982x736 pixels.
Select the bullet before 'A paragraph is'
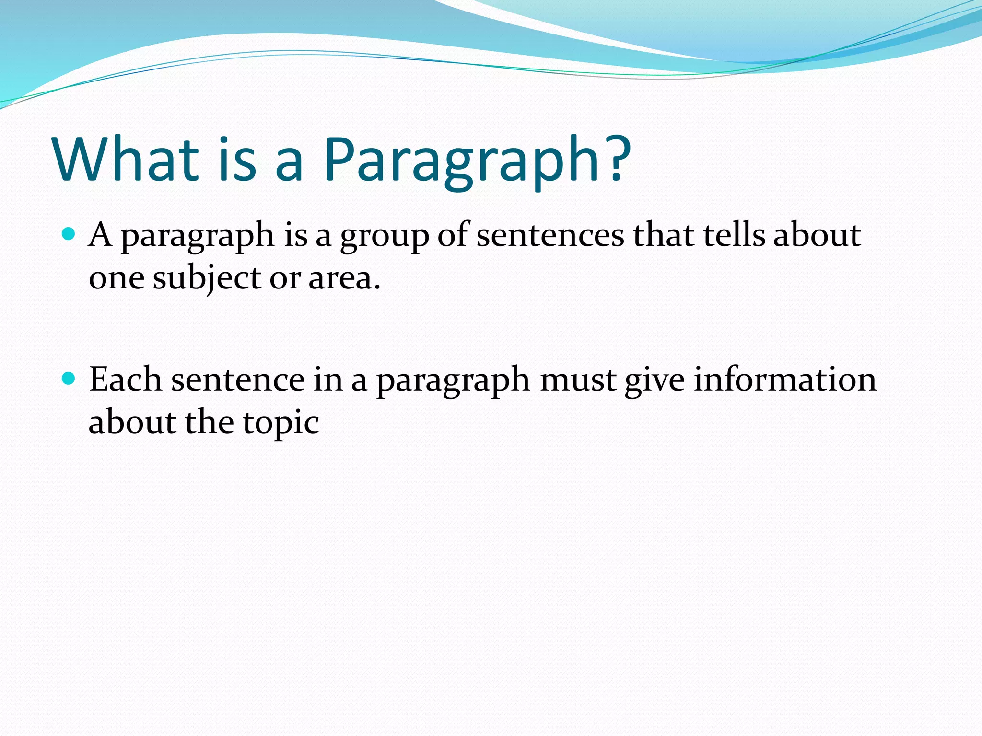(x=69, y=234)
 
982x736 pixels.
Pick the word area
(x=344, y=278)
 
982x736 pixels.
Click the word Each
(x=126, y=379)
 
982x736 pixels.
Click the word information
(x=785, y=379)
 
